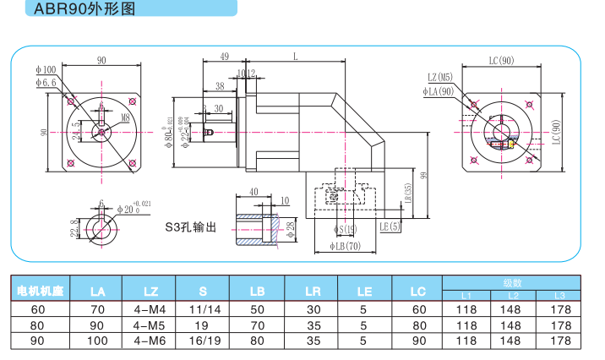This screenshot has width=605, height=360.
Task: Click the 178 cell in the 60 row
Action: pos(560,309)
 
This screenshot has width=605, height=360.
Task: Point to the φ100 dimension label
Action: pos(46,69)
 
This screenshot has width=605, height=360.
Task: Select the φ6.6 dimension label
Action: pos(46,82)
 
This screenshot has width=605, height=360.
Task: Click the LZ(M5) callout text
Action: pos(440,78)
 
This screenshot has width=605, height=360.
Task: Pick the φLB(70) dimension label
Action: pos(341,247)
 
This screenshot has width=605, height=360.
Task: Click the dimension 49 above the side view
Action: pos(224,57)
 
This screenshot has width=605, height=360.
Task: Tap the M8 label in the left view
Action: pos(125,117)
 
